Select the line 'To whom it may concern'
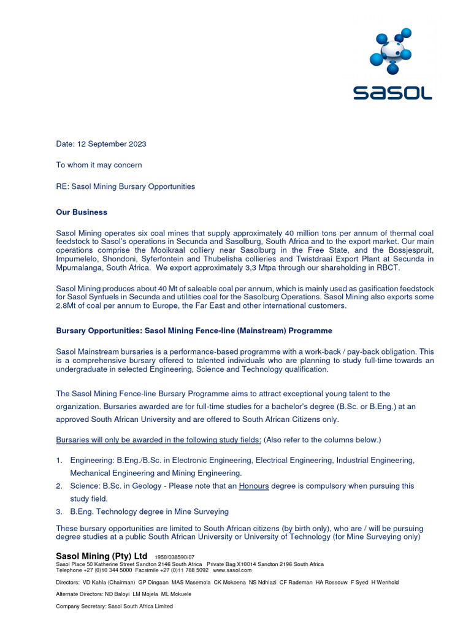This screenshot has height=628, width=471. pos(99,165)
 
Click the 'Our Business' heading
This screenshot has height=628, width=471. pos(82,212)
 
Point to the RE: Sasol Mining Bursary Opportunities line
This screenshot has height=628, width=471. pos(126,186)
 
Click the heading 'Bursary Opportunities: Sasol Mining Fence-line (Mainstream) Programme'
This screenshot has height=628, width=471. pos(194,331)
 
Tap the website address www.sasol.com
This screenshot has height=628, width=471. pos(232,570)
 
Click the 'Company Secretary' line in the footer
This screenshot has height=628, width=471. pos(114,607)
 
